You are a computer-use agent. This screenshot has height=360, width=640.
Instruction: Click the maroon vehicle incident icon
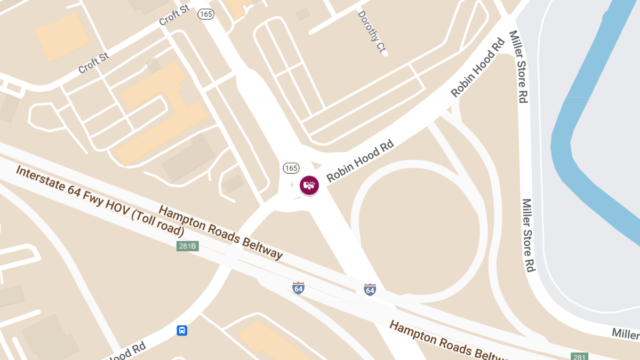(x=309, y=185)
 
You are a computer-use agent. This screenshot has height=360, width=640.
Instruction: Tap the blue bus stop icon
(x=182, y=331)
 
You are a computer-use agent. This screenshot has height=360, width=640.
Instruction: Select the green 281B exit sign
(x=187, y=246)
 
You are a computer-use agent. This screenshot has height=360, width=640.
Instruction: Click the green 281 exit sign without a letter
(x=579, y=356)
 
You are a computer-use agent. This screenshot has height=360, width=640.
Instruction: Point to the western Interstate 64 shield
(x=298, y=289)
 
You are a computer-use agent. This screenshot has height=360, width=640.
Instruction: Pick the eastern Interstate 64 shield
(x=370, y=290)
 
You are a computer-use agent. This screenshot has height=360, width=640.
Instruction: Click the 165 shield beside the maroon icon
(x=291, y=168)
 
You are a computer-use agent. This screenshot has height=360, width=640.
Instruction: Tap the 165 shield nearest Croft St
(x=206, y=14)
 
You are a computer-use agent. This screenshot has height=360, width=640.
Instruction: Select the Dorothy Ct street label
(x=372, y=32)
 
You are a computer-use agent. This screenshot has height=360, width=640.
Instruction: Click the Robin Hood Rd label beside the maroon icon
(x=360, y=160)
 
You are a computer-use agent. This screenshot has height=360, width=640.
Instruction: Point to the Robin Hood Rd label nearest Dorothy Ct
(x=478, y=67)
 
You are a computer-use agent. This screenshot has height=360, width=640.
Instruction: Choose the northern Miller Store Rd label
(x=518, y=67)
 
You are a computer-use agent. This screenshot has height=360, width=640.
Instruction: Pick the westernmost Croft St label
(x=93, y=63)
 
